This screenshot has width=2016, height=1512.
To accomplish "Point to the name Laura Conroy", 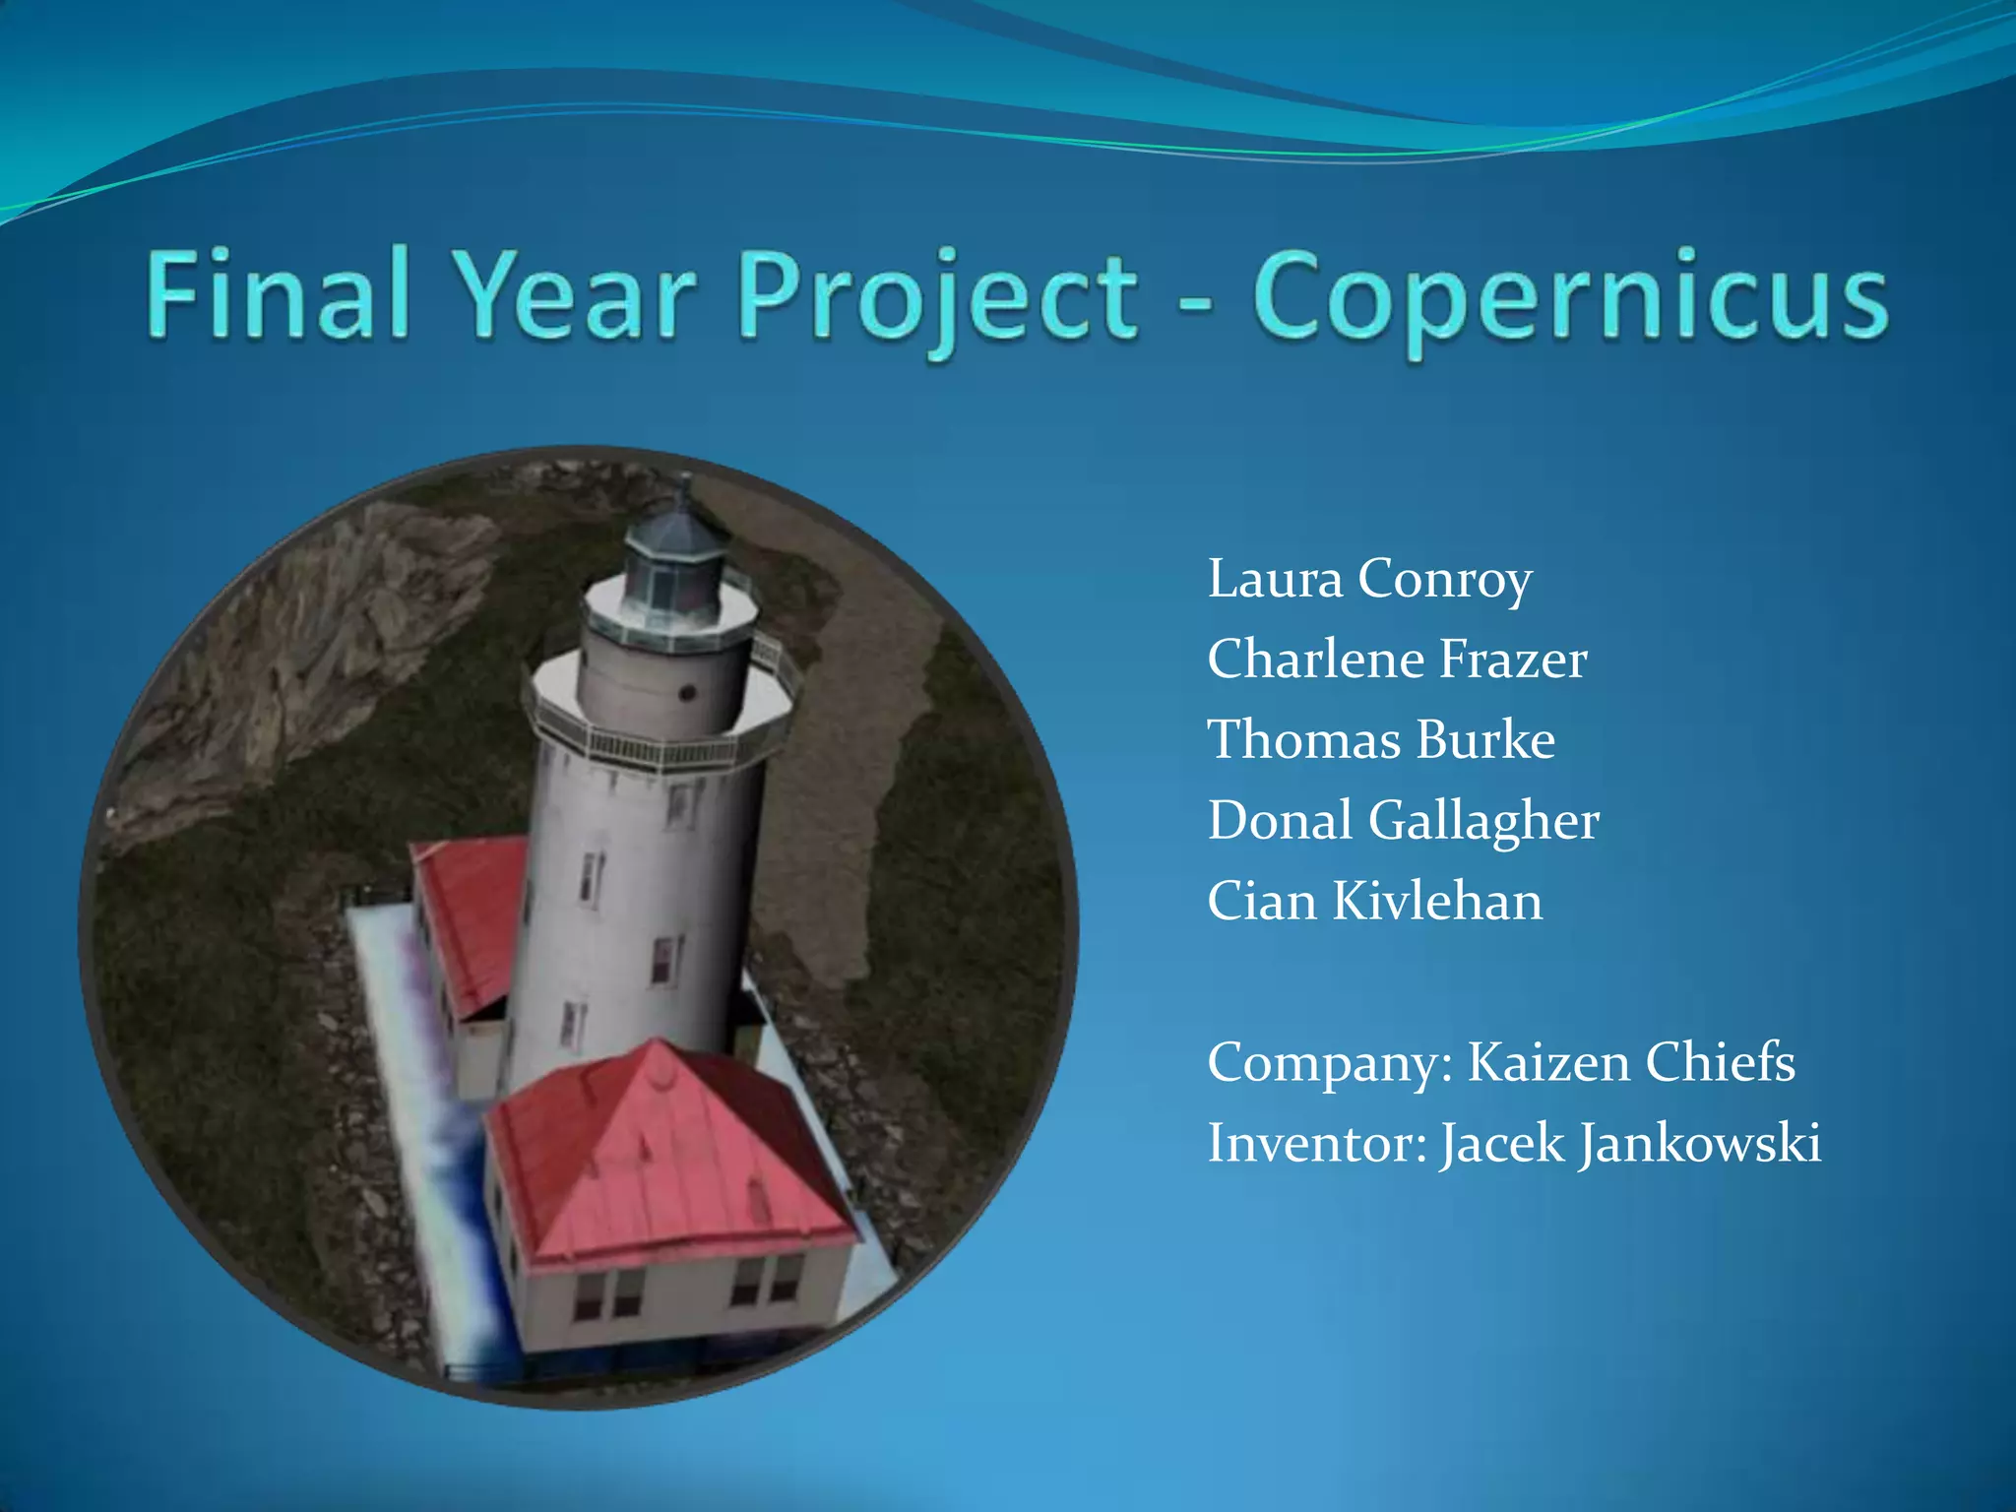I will point(1369,579).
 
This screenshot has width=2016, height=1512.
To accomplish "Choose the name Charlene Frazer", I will point(1397,660).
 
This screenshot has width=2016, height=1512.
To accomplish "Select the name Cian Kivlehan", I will point(1375,902).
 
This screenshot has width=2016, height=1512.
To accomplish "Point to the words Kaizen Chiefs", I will point(1631,1063).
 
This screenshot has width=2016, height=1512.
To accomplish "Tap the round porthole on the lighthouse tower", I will point(688,693).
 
